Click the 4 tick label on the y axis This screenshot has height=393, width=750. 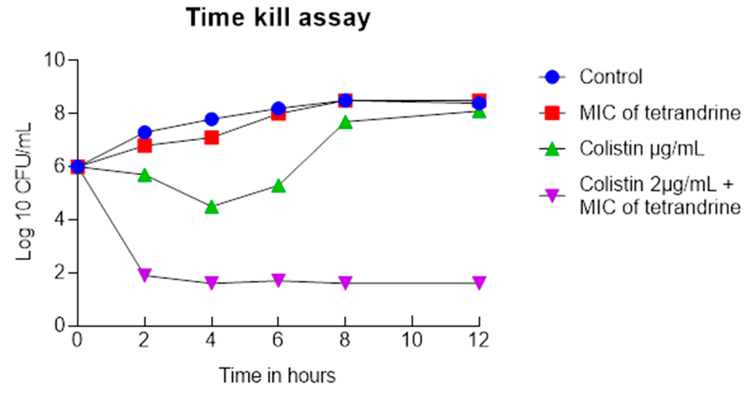tap(60, 220)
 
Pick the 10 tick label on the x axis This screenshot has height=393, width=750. tap(412, 340)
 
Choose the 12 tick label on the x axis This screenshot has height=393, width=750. tap(479, 340)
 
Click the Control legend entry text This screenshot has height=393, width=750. tap(610, 77)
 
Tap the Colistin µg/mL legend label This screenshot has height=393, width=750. tap(642, 149)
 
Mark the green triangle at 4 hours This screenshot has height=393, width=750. tap(212, 207)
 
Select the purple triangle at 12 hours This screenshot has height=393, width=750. tap(479, 282)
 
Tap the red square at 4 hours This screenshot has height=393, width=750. tap(212, 137)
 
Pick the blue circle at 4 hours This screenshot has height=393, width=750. tap(212, 119)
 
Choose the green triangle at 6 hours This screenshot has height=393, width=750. tap(279, 186)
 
